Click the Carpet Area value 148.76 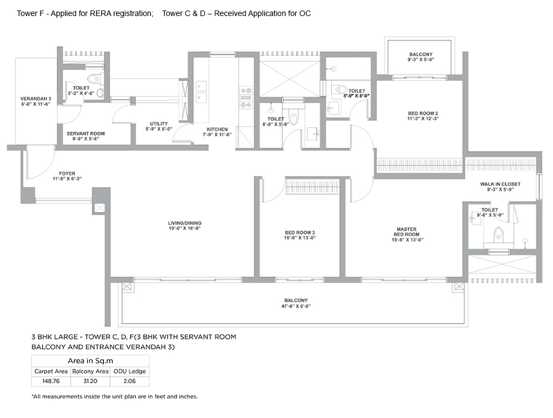pos(51,381)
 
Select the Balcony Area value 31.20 pos(90,381)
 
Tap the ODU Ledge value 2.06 pos(129,381)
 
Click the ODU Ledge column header pos(129,371)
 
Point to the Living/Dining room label pos(185,223)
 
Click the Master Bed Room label pos(406,231)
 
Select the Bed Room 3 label pos(300,233)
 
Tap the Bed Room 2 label pos(423,113)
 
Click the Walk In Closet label pos(500,184)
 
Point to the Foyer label pos(67,173)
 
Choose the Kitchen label pos(217,129)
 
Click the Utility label pos(159,123)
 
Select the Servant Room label pos(86,133)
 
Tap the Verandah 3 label pos(35,99)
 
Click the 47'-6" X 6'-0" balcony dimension pos(296,306)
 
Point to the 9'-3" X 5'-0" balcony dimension pos(421,60)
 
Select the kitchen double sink pos(201,92)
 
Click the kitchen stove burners pos(246,97)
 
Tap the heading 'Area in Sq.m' pos(90,361)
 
